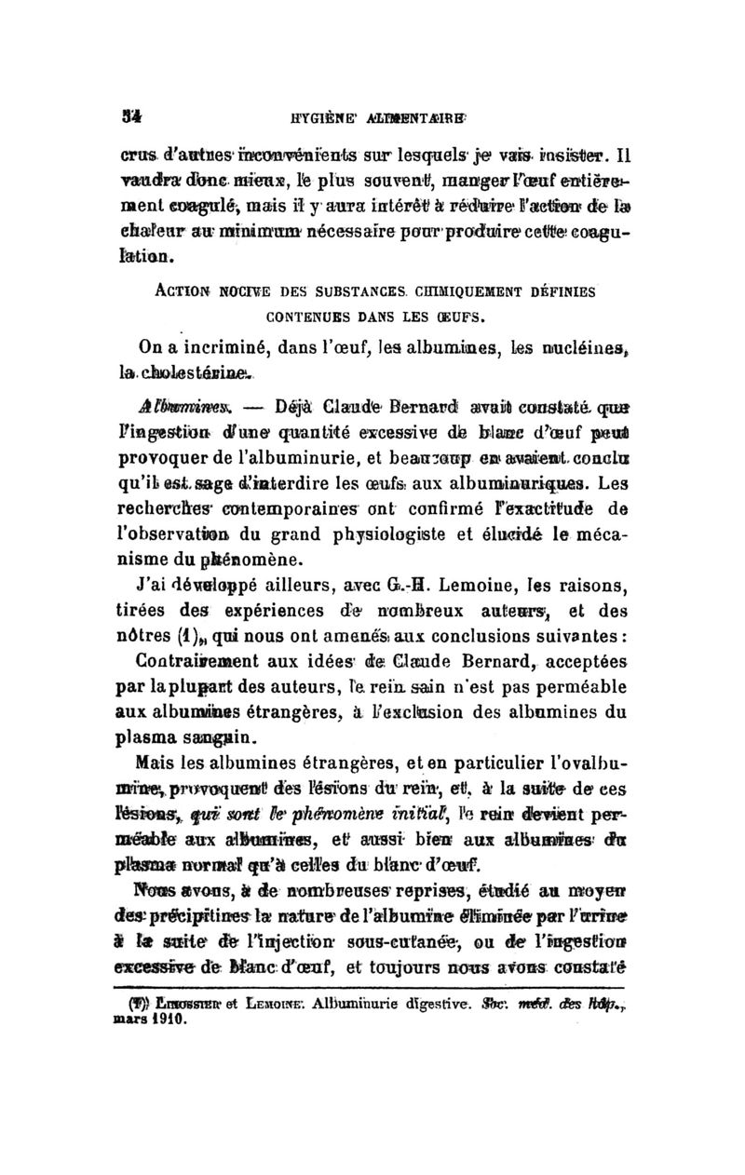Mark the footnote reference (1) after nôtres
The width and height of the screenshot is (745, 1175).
[x=192, y=632]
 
